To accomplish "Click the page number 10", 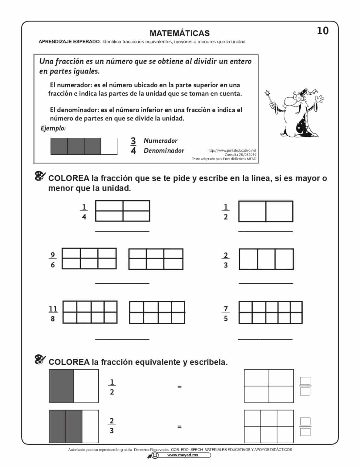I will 323,31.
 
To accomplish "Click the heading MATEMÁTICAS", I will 180,33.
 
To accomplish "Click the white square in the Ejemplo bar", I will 109,146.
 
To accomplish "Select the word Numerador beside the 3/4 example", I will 160,141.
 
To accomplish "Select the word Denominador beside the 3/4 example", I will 164,150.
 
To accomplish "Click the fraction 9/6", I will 53,260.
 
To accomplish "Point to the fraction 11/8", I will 53,313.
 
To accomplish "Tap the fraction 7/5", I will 226,313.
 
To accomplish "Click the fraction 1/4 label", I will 84,212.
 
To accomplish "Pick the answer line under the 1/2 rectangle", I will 266,231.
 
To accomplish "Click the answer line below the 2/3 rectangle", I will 266,283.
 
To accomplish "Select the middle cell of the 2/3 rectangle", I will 266,259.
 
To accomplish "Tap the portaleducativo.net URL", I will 232,150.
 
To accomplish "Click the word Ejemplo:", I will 53,128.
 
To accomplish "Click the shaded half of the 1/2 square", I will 62,386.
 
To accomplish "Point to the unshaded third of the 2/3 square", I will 90,426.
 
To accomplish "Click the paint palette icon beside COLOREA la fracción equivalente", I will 40,360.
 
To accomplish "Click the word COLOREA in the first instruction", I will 69,178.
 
